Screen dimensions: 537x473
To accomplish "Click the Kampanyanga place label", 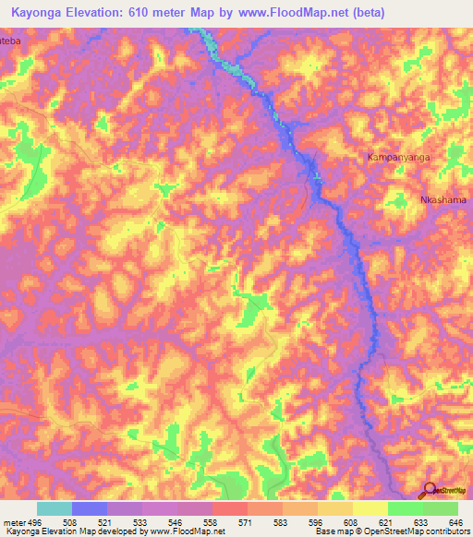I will pos(400,158).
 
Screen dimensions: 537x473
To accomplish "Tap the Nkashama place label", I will pos(443,200).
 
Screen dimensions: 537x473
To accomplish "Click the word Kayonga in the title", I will pos(40,12).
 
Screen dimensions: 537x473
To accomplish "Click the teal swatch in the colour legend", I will pos(54,508).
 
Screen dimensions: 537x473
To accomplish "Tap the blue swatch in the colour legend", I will pos(90,508).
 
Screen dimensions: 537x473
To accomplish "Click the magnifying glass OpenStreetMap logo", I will pos(430,490).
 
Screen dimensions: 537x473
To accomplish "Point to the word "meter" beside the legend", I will pos(14,522).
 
